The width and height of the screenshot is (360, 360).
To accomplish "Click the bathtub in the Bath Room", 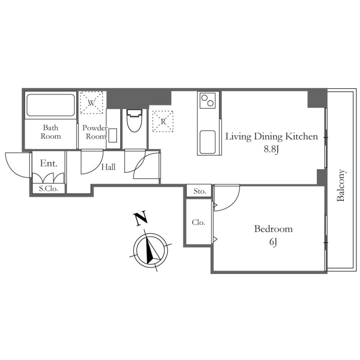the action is click(50, 105).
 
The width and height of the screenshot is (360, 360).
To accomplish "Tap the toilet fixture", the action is click(134, 121).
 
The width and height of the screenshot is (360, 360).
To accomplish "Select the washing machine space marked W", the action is click(91, 103).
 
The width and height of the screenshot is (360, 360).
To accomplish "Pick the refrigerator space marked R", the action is click(163, 121).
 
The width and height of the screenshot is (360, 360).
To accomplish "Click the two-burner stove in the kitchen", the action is click(207, 100).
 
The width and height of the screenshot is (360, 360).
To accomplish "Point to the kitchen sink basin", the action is click(207, 142).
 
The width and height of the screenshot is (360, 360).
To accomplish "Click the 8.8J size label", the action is click(271, 149).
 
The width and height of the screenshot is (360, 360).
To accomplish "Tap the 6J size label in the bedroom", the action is click(273, 242).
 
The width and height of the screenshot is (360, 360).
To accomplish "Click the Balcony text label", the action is click(341, 185).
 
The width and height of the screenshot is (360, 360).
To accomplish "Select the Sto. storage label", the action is click(199, 191).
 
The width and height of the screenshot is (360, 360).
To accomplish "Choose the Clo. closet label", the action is click(198, 222).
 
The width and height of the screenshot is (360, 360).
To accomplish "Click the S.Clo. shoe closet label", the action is click(49, 189).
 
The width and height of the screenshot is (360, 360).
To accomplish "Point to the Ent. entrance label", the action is click(49, 163).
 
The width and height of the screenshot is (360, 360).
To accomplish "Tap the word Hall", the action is click(108, 167).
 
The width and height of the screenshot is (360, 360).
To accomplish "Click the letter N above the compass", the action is click(140, 218).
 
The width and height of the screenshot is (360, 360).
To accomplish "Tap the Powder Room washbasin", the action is click(113, 136).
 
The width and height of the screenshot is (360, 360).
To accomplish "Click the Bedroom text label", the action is click(273, 229).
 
